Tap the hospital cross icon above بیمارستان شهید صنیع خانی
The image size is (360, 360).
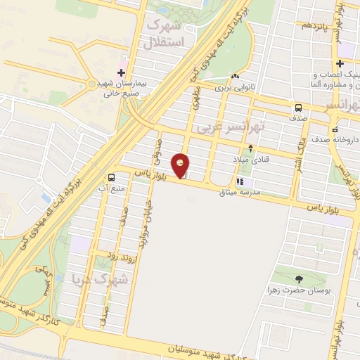[121, 72]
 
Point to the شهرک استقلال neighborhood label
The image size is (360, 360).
[162, 34]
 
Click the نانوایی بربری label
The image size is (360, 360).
[233, 89]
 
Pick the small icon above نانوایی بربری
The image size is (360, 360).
[235, 77]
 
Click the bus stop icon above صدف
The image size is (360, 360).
[299, 108]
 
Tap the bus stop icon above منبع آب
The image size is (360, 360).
[111, 177]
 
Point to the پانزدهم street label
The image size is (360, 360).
[308, 25]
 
